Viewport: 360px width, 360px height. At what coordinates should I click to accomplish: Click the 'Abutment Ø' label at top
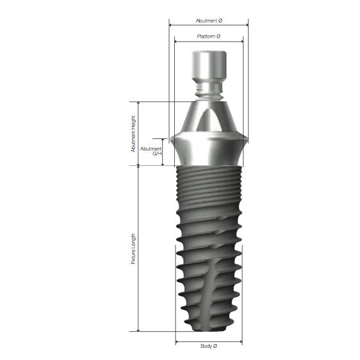[208, 20]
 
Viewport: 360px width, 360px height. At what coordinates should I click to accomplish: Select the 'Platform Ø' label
[209, 37]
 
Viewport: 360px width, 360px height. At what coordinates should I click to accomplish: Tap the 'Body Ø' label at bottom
[209, 347]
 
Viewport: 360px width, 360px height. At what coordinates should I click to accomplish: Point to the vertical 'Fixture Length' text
[133, 248]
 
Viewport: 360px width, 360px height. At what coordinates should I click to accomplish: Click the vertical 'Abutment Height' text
[133, 133]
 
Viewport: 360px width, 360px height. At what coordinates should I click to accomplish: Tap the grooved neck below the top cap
[209, 90]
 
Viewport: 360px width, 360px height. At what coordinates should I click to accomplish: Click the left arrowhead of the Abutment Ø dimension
[170, 26]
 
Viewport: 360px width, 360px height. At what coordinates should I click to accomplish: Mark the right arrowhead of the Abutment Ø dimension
[247, 26]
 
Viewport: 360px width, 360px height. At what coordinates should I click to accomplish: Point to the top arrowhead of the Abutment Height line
[138, 103]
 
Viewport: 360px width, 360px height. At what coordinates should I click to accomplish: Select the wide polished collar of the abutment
[209, 149]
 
